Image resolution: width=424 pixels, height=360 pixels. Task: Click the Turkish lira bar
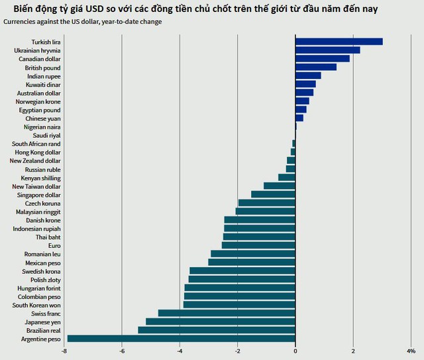coord(339,42)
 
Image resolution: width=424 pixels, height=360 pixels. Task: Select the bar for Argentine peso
coord(181,339)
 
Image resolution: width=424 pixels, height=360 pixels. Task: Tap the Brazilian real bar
coord(216,330)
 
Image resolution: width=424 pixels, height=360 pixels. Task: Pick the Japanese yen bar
coord(220,322)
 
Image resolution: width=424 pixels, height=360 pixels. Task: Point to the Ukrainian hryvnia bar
coord(327,50)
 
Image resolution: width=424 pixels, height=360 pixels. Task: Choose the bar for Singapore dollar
coord(273,194)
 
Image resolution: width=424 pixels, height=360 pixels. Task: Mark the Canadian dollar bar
coord(322,58)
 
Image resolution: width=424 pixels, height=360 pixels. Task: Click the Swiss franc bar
coord(226,313)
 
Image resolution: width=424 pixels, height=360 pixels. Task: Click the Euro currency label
coord(54,245)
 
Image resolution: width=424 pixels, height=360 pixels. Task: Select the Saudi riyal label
coord(46,135)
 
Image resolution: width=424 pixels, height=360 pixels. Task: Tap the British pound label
coord(42,68)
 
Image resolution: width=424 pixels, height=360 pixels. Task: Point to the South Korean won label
coord(36,305)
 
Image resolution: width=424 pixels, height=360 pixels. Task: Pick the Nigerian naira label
coord(42,127)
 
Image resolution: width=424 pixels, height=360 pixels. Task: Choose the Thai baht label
coord(48,237)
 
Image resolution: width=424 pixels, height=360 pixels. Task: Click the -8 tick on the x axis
coord(64,351)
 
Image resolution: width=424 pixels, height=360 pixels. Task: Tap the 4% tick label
coord(411,351)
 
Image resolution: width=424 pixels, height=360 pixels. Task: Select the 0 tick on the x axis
coord(295,351)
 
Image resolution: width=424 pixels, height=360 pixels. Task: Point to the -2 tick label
coord(237,351)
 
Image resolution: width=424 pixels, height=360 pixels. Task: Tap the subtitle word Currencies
coord(22,22)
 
